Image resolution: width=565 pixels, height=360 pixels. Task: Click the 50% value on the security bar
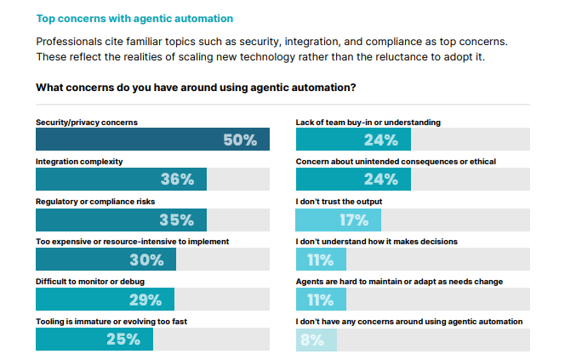(x=239, y=140)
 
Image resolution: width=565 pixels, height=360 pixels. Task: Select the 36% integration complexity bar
(x=120, y=180)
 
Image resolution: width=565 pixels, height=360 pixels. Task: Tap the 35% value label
(x=176, y=220)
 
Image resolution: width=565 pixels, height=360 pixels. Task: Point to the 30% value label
(x=146, y=260)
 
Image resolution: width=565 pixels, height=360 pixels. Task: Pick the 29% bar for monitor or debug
(x=105, y=300)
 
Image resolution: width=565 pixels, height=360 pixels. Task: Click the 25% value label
(x=123, y=340)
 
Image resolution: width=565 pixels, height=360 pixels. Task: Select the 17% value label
(x=353, y=220)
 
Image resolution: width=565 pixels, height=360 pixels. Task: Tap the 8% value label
(x=311, y=340)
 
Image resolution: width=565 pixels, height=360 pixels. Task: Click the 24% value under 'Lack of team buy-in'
(x=381, y=140)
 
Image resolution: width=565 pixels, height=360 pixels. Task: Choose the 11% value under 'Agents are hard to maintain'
(x=320, y=300)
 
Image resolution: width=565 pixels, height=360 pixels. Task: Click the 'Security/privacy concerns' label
(x=86, y=123)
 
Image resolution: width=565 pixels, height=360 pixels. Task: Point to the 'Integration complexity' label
(x=79, y=162)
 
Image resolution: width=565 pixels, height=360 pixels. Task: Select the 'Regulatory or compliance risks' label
(x=95, y=202)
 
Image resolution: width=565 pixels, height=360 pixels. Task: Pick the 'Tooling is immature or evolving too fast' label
(x=111, y=322)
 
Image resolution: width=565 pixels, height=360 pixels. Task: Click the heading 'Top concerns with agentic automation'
(x=134, y=17)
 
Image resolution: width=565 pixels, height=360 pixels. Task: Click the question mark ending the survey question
(x=352, y=88)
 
